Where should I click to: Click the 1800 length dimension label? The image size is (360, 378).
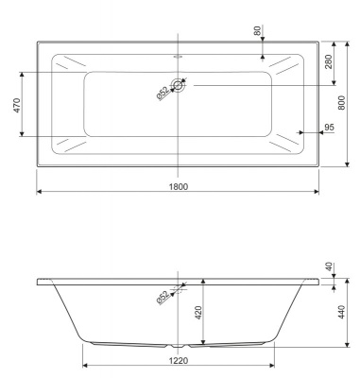179,185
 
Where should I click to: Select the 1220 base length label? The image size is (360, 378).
179,360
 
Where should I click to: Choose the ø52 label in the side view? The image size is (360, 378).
163,298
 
